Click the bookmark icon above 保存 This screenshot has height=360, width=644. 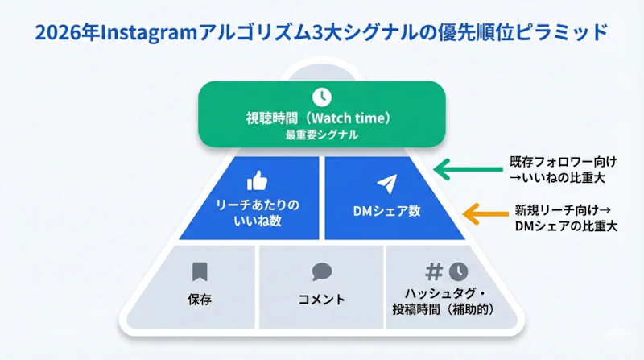[200, 271]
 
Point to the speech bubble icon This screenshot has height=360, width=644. [321, 272]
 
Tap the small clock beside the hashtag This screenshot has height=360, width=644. [457, 271]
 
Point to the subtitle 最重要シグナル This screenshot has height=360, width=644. [321, 135]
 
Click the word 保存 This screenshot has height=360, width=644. [200, 300]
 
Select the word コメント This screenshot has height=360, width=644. [321, 300]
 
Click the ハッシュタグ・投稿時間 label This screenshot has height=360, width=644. [446, 300]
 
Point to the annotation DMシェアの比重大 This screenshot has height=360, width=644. [565, 226]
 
